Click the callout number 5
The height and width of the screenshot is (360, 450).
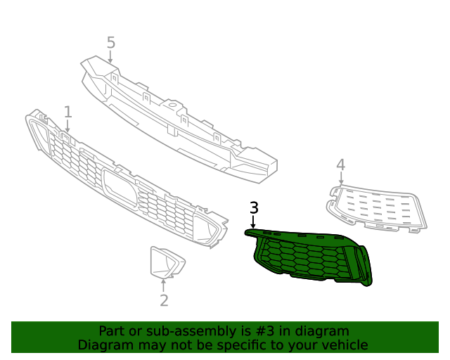pos(110,42)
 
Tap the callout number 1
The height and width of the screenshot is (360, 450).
pos(67,111)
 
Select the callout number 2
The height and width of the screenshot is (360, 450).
pos(164,301)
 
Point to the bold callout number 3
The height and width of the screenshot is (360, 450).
pos(254,207)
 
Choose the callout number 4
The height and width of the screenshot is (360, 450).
pos(340,165)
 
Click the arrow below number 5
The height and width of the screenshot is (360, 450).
pos(110,58)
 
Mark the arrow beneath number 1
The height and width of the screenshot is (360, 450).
pos(67,126)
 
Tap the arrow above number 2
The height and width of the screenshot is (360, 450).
pos(164,285)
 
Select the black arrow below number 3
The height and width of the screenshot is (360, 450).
pos(253,221)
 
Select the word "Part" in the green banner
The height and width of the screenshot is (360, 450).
pos(112,331)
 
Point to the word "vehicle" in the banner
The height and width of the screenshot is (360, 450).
pos(344,345)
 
